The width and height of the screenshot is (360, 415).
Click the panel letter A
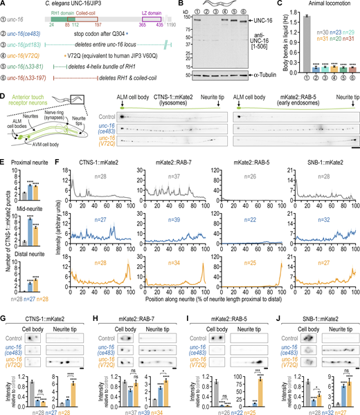tap(5, 5)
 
